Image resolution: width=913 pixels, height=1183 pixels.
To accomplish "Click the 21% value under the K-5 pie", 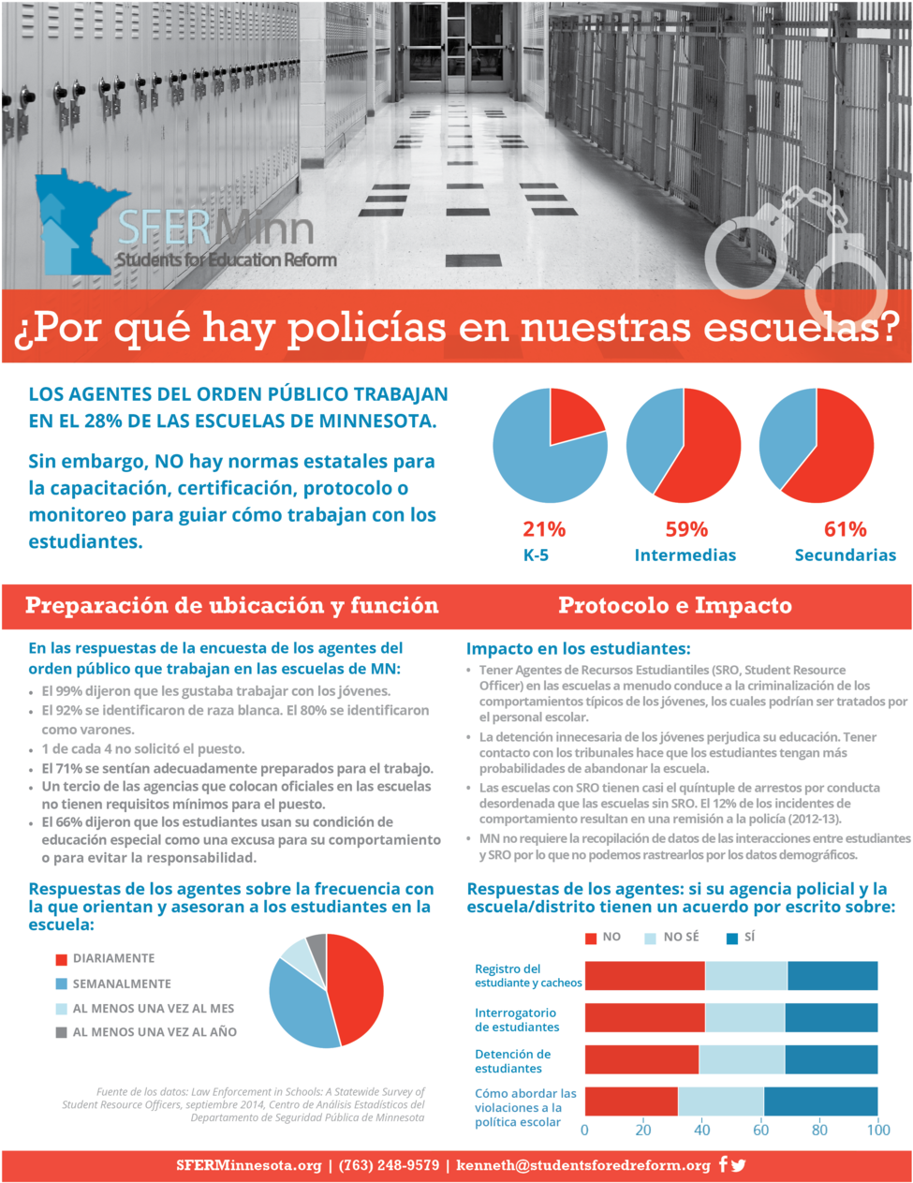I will pyautogui.click(x=543, y=529).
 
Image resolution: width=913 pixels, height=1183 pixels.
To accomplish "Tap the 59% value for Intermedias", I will pyautogui.click(x=686, y=529).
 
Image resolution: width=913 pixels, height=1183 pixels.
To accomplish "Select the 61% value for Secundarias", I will pyautogui.click(x=845, y=529).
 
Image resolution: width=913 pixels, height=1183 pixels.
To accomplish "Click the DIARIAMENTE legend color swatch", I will pyautogui.click(x=61, y=959).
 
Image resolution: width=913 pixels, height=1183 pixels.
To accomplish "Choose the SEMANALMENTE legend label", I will pyautogui.click(x=122, y=983).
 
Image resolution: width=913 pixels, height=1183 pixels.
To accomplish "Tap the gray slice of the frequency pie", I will pyautogui.click(x=317, y=948).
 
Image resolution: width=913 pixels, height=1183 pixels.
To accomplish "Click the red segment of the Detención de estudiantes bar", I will pyautogui.click(x=641, y=1059).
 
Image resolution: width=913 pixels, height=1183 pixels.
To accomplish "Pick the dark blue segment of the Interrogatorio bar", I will pyautogui.click(x=832, y=1017).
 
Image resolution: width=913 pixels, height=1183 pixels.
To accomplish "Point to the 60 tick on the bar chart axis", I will pyautogui.click(x=760, y=1131).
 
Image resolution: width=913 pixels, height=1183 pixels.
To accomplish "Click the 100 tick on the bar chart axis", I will pyautogui.click(x=877, y=1131).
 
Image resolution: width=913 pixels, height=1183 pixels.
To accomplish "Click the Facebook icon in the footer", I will pyautogui.click(x=723, y=1165).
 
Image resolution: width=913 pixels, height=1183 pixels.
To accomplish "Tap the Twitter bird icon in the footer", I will pyautogui.click(x=739, y=1165).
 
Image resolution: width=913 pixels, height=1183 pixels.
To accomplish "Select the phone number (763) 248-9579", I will pyautogui.click(x=388, y=1165).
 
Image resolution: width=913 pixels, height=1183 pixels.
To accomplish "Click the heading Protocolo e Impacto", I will pyautogui.click(x=674, y=606).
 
